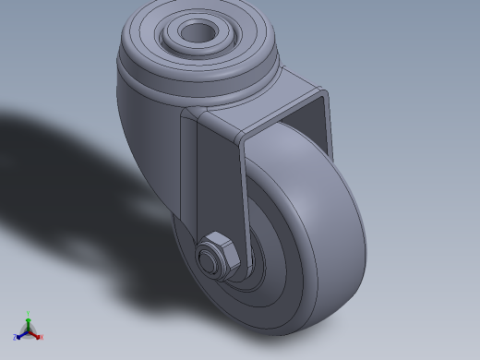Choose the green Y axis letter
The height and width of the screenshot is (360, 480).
tap(29, 314)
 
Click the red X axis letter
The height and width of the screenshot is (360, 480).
tap(42, 337)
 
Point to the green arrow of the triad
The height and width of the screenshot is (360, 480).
tap(29, 322)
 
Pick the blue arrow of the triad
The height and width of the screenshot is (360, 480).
tap(21, 334)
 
